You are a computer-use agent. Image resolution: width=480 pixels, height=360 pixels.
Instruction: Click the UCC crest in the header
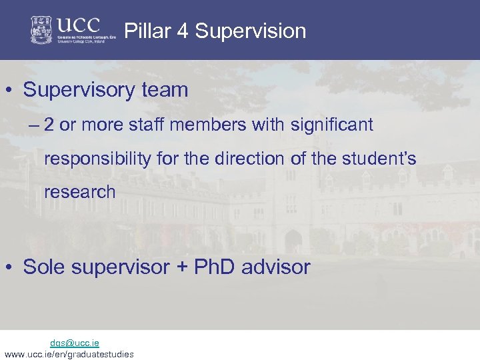pos(41,30)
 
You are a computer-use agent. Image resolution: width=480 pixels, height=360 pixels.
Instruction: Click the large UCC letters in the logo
pos(78,25)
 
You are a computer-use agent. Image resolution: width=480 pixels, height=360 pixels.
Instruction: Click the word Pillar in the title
pos(144,31)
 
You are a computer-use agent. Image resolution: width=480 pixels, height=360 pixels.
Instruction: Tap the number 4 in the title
pos(179,31)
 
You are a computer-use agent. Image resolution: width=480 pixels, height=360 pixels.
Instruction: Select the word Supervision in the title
pos(250,31)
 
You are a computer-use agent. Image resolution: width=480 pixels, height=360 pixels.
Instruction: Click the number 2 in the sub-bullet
pos(49,125)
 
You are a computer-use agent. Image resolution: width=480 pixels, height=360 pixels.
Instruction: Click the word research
pos(79,193)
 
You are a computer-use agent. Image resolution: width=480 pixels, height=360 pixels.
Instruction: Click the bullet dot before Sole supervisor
pos(13,268)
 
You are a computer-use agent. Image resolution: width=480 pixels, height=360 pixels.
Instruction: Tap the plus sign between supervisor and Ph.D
pos(182,268)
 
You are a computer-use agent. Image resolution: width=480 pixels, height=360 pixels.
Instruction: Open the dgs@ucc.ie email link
pos(75,343)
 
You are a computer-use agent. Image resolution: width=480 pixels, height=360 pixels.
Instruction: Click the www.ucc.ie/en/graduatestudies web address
pos(69,354)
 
